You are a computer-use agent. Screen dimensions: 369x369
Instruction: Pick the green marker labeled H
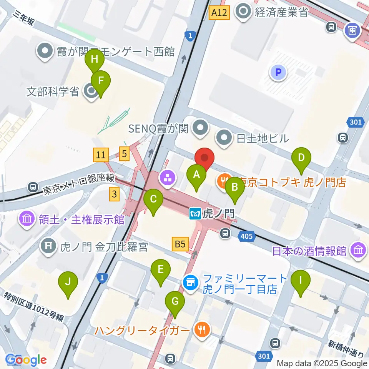(95, 60)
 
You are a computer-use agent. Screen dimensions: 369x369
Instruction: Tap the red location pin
(204, 158)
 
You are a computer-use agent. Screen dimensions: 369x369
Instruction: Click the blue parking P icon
(278, 72)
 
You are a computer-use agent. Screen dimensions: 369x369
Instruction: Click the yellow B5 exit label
(180, 244)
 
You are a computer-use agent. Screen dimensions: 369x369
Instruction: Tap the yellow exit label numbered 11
(101, 155)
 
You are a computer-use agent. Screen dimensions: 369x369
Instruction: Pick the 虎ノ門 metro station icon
(195, 213)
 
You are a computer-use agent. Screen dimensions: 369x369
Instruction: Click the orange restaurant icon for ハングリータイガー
(201, 329)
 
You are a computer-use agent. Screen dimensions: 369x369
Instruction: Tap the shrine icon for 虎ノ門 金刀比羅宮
(49, 246)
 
